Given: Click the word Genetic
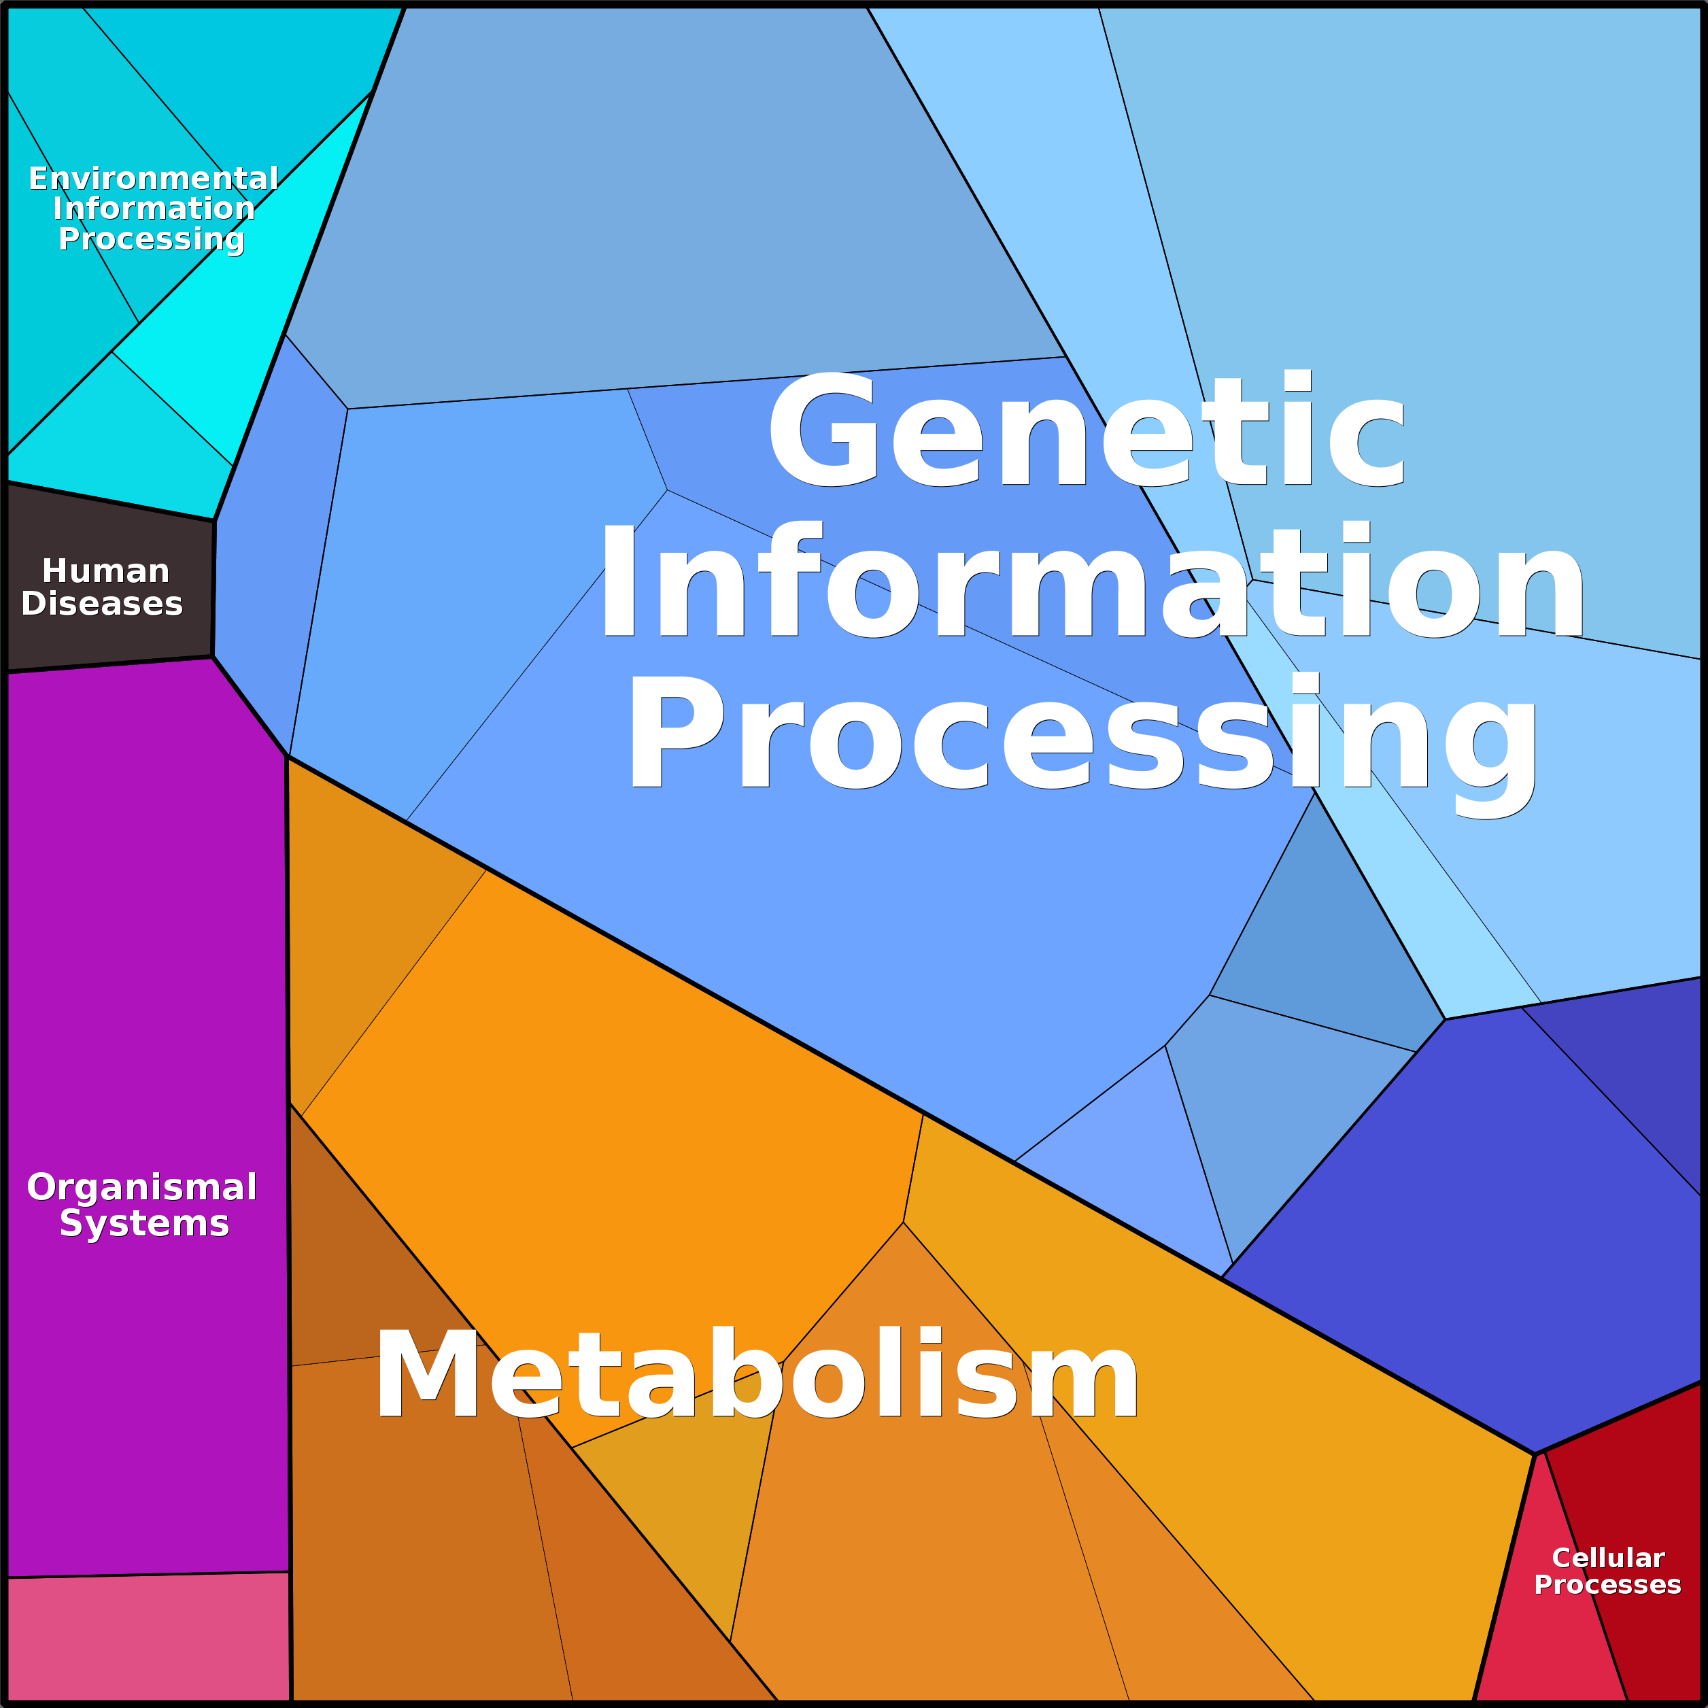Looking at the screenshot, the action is tap(1087, 429).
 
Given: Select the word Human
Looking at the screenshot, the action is tap(105, 571).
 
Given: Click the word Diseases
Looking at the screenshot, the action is tap(102, 604).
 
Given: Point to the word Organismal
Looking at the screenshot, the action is tap(141, 1187).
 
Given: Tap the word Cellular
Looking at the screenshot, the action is tap(1608, 1557).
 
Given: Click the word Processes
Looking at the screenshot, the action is tap(1607, 1584).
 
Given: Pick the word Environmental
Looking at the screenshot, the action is tap(153, 179).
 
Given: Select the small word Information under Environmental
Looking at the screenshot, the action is tap(154, 209).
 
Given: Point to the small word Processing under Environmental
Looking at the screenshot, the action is tap(151, 239).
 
